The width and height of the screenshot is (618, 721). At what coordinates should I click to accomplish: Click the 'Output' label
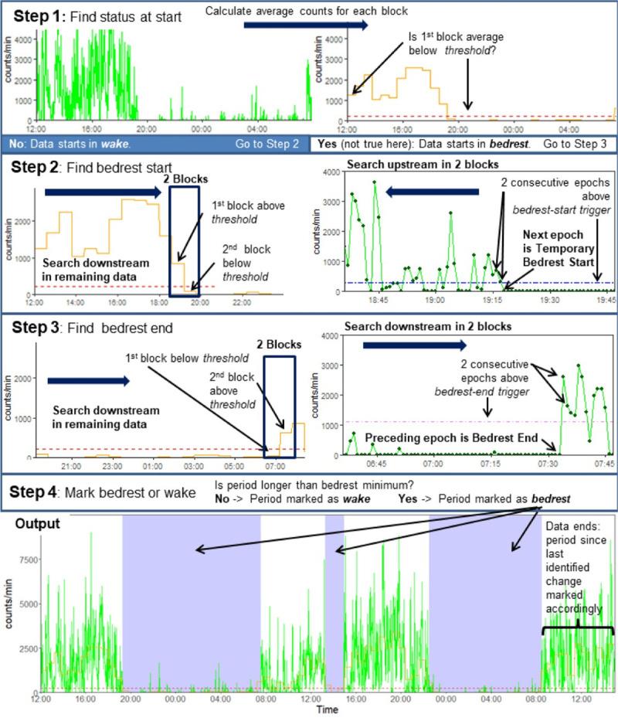click(x=36, y=523)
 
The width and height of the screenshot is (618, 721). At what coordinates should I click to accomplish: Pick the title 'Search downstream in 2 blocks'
click(x=429, y=326)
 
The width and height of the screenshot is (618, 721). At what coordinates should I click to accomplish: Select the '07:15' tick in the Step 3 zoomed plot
click(x=491, y=467)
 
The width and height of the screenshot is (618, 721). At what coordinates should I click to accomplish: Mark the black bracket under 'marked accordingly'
click(x=578, y=630)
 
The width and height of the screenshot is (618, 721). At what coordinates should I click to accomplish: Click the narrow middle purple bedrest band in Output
click(x=334, y=603)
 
